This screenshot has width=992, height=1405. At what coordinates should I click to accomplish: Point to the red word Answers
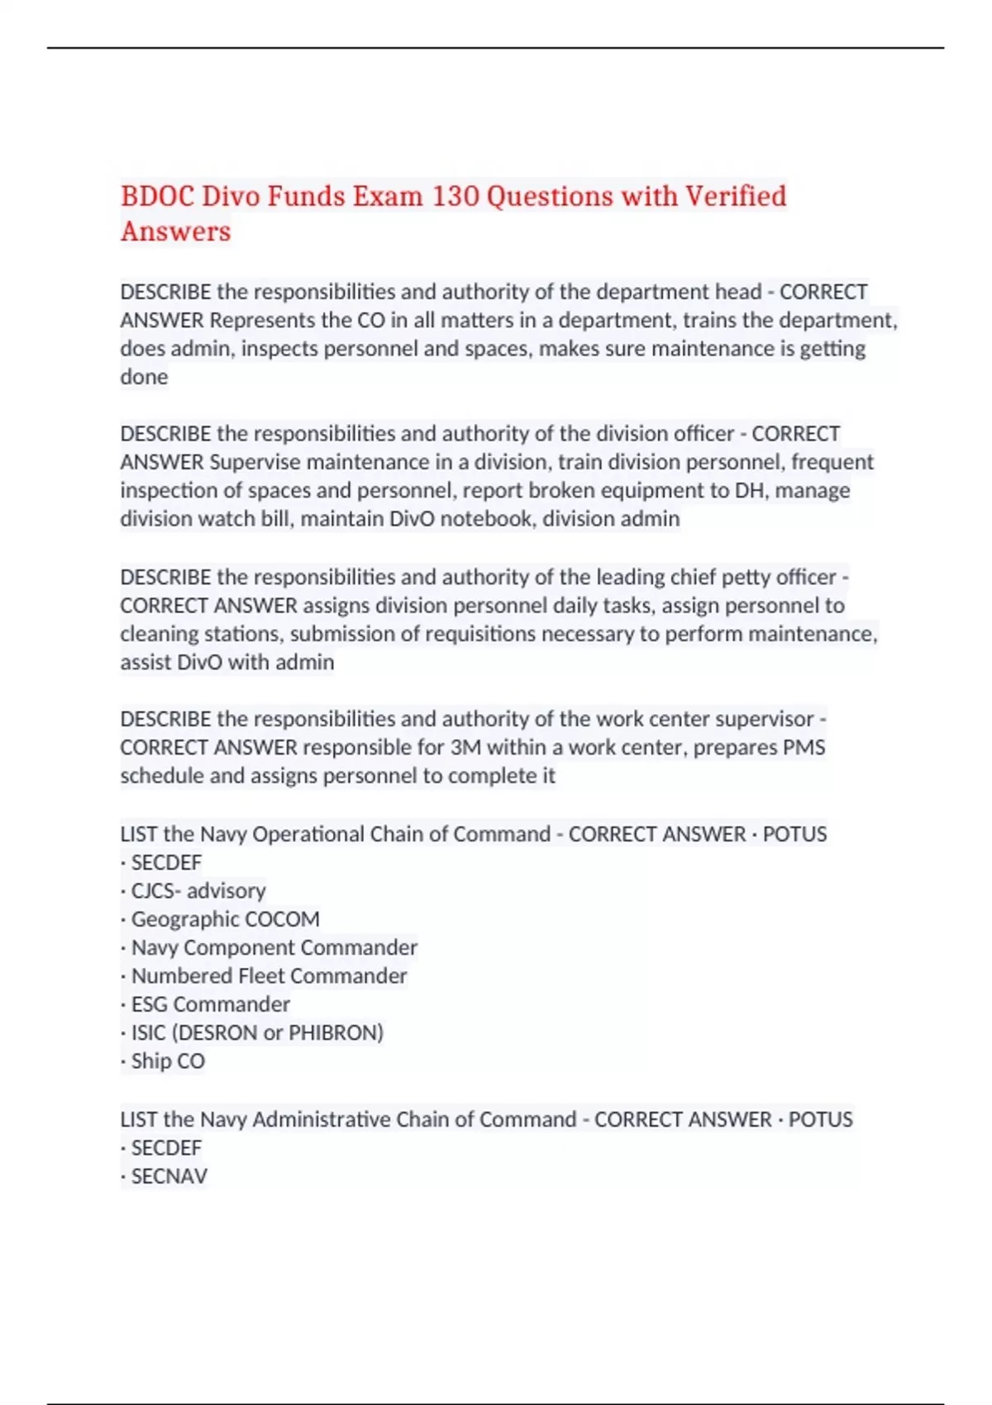click(x=175, y=231)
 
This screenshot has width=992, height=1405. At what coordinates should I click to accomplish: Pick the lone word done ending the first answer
click(x=144, y=377)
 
